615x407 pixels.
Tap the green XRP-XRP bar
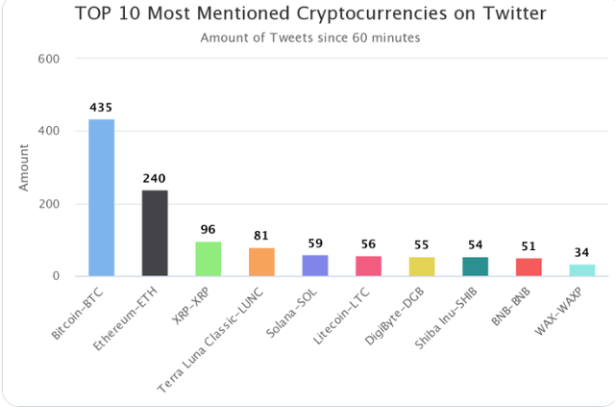[x=209, y=259]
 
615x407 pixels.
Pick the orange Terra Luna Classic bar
[x=261, y=262]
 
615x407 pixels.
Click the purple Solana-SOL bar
[x=315, y=266]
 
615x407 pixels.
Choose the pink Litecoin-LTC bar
[x=369, y=267]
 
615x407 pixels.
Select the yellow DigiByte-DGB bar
[x=422, y=267]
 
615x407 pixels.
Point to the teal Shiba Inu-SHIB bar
[x=476, y=267]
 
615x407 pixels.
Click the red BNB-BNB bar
[x=529, y=267]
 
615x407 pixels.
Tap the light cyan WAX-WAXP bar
[x=582, y=270]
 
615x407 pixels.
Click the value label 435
[x=102, y=107]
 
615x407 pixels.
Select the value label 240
[x=155, y=178]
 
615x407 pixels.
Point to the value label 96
[x=209, y=230]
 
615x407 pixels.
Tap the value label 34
[x=582, y=253]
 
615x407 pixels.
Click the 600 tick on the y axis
[x=49, y=59]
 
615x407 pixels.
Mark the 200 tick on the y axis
[x=49, y=204]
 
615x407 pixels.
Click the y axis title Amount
[x=24, y=167]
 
